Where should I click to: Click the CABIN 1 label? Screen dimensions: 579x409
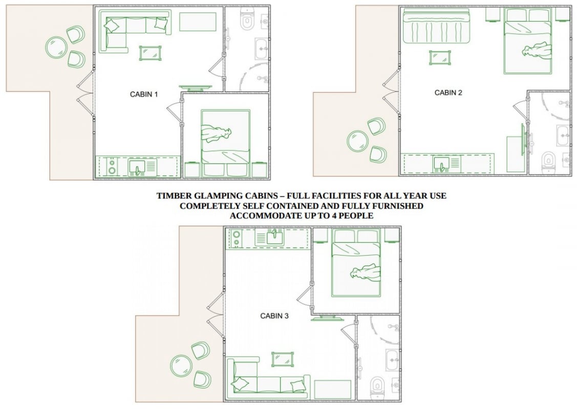[x=144, y=95]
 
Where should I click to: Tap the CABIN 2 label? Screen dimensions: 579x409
[x=448, y=93]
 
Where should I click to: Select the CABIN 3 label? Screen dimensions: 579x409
[x=274, y=315]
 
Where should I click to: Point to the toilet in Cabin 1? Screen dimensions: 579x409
[x=247, y=20]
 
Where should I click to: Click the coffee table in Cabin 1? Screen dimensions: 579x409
[x=151, y=53]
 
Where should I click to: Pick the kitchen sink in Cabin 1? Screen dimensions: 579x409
[x=137, y=168]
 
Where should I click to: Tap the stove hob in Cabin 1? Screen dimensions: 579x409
[x=112, y=166]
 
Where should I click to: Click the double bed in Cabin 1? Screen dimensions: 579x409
[x=226, y=142]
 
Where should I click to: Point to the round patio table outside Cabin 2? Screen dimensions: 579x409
[x=358, y=141]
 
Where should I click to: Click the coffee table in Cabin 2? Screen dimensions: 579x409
[x=440, y=58]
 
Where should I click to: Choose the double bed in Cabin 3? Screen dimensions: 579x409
[x=356, y=263]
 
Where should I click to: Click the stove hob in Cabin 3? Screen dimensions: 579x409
[x=235, y=239]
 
